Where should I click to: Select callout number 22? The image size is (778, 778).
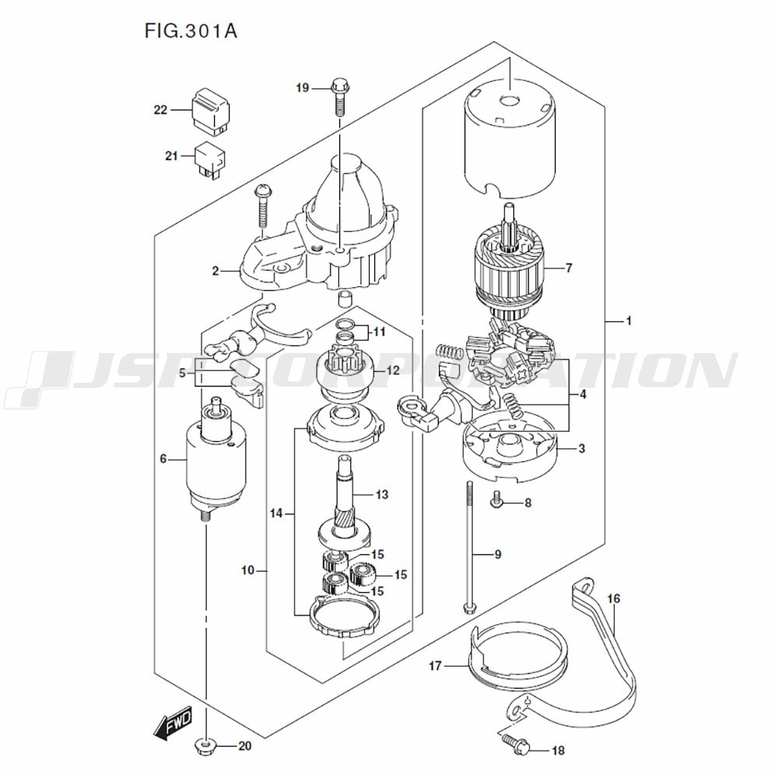(x=160, y=110)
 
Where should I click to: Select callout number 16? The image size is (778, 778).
(x=614, y=598)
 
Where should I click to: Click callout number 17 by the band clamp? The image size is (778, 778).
(x=435, y=665)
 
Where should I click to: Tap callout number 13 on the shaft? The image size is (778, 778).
(x=381, y=494)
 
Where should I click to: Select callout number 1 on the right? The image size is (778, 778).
(x=629, y=321)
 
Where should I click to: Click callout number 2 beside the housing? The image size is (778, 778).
(x=215, y=272)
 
